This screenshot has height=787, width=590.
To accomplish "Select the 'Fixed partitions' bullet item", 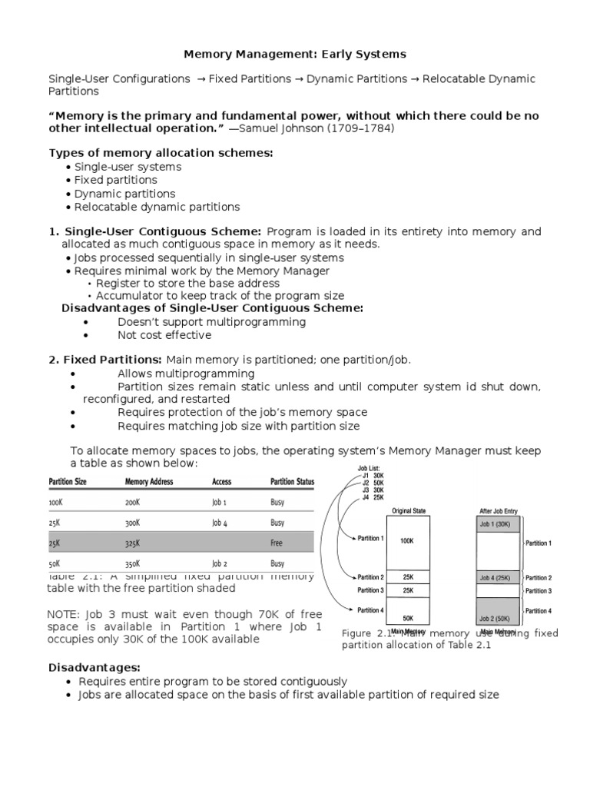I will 115,180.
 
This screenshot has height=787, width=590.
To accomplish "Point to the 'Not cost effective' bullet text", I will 164,335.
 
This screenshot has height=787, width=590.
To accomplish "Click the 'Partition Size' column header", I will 68,482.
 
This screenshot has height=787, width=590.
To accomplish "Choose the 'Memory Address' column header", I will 149,482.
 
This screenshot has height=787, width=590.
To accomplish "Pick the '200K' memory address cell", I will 133,502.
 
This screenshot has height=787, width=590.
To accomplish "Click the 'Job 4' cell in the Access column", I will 220,523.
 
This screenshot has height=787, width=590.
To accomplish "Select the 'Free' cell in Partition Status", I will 277,543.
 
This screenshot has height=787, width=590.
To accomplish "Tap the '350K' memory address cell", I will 134,563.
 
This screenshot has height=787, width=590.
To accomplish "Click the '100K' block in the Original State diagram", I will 406,541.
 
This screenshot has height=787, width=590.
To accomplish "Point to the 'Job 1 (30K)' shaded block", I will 499,524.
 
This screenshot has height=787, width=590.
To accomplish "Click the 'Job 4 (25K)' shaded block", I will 499,578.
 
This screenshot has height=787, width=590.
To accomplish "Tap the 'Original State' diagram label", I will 409,510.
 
